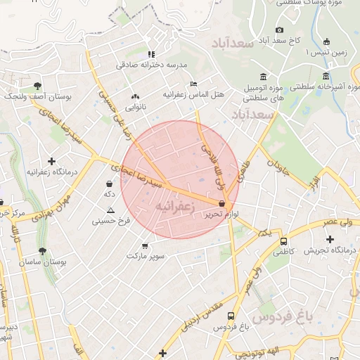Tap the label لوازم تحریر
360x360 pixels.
tap(227, 213)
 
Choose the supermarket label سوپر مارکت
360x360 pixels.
tap(146, 255)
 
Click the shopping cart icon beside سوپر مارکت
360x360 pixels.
tap(146, 245)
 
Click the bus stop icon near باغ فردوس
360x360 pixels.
tap(231, 316)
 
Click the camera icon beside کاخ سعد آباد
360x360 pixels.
tap(280, 30)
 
